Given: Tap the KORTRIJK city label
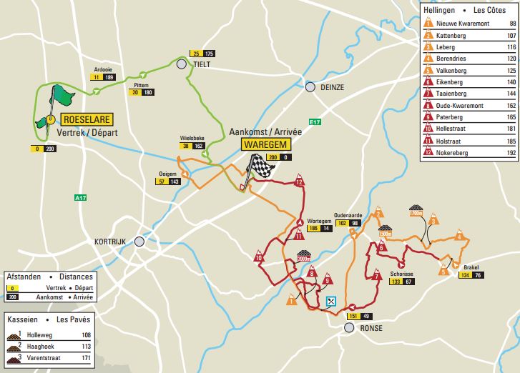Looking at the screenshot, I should point(109,242).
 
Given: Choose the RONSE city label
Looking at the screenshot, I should point(371,328).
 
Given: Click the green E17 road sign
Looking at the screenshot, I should point(315,122).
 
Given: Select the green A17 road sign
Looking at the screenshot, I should point(80,197).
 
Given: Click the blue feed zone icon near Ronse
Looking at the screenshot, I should point(330,302).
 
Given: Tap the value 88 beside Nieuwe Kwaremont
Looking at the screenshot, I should point(512,24).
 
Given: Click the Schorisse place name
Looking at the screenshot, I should point(402,273).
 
